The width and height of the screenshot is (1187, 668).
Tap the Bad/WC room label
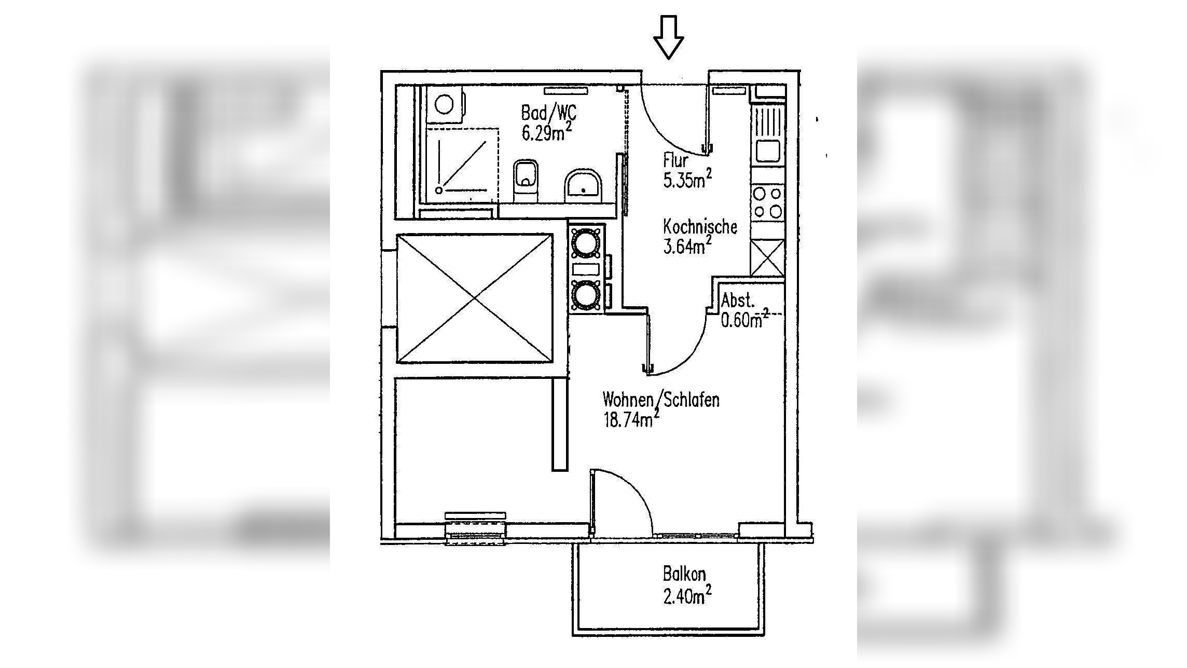pos(548,113)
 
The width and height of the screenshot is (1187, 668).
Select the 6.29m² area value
pos(546,133)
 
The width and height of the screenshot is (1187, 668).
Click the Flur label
pos(675,160)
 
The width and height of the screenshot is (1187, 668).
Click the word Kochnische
pos(700,227)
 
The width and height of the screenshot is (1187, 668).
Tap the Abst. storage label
pos(738,301)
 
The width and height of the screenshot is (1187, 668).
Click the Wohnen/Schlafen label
pos(661,400)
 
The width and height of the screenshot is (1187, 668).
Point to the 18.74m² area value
pos(631,419)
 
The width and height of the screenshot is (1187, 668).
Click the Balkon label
pos(684,575)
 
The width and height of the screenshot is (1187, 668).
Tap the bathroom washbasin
pos(584,185)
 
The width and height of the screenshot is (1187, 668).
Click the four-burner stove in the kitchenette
pos(767,202)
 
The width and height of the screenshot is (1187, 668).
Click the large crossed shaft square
pos(475,298)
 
